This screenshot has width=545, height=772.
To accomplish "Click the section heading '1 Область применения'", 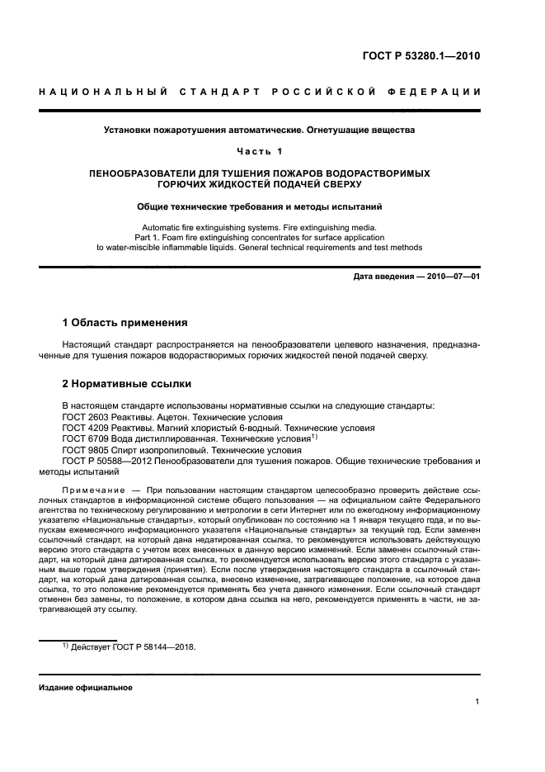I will point(125,322).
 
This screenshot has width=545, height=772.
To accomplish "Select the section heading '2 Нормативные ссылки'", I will point(127,384).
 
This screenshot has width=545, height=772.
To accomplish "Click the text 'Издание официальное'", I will point(85,687).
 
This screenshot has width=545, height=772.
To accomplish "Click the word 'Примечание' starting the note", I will point(93,491).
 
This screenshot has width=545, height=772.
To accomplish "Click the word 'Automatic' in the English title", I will point(162,226).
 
